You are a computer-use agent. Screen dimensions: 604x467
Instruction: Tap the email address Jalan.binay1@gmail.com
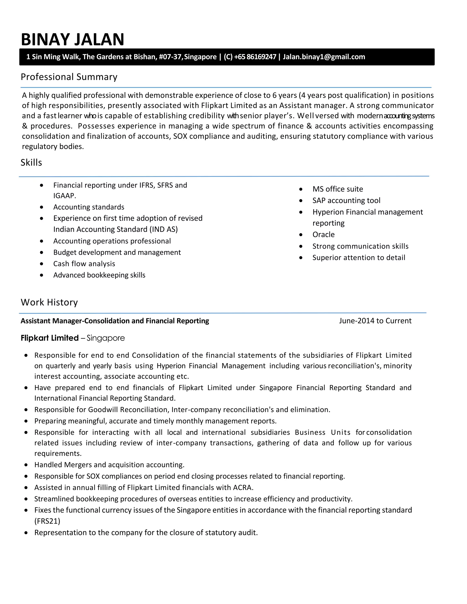click(x=324, y=57)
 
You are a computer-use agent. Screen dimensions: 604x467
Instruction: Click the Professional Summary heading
click(x=69, y=77)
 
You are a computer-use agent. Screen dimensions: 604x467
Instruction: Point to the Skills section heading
click(x=31, y=163)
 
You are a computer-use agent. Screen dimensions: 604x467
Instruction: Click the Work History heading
click(x=49, y=302)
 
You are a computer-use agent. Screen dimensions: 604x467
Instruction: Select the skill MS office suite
click(x=337, y=189)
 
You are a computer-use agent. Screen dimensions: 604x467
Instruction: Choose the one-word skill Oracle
click(x=323, y=235)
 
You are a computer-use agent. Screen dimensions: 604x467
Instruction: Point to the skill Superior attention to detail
click(x=358, y=258)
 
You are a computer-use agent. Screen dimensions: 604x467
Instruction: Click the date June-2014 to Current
click(x=375, y=321)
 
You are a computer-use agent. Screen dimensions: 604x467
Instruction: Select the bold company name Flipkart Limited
click(x=50, y=338)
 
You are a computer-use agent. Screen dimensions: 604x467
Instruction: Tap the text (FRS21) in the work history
click(x=47, y=521)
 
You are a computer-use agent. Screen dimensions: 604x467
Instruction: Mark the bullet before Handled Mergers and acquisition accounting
click(x=26, y=465)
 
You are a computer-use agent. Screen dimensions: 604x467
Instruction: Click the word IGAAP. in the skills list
click(x=65, y=196)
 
